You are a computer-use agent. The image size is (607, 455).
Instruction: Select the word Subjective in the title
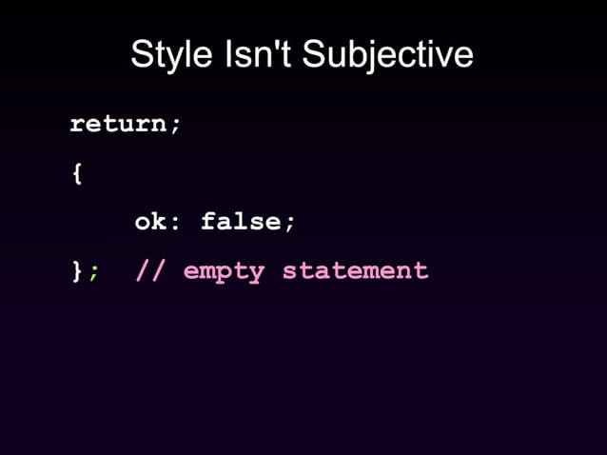pos(387,54)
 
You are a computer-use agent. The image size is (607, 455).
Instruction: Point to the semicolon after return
pos(175,126)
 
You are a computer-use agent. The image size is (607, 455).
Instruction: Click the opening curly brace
pos(76,174)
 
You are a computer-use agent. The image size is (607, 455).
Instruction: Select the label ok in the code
pos(150,222)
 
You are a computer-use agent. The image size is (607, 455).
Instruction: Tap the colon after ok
pos(175,224)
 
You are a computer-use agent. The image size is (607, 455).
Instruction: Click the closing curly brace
pos(76,271)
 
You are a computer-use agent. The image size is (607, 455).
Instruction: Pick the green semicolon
pos(92,273)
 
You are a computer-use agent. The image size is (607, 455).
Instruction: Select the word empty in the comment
pos(224,271)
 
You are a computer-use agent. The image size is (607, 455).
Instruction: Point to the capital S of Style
pos(141,54)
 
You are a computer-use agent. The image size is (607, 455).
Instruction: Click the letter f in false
pos(207,222)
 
